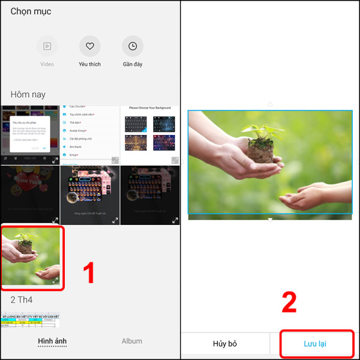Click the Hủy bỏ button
click(225, 344)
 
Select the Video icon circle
click(47, 46)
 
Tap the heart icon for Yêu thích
click(89, 46)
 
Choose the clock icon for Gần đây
click(133, 46)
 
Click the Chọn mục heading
click(31, 11)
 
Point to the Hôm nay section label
click(28, 95)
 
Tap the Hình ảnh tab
click(52, 341)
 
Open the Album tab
click(132, 341)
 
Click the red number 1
click(89, 273)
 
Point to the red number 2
click(289, 303)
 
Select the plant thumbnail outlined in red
click(31, 255)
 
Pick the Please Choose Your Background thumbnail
click(149, 134)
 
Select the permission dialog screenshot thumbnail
click(30, 134)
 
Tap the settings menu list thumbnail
click(90, 134)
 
